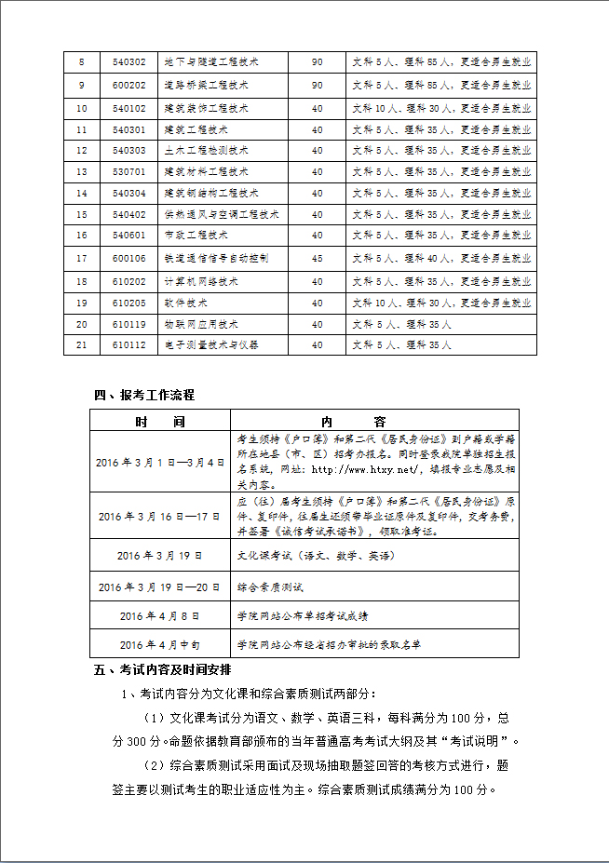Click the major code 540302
click(129, 62)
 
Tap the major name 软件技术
click(185, 303)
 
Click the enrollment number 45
click(318, 258)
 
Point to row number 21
click(82, 344)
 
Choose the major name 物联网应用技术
click(201, 324)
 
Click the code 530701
click(129, 172)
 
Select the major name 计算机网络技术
click(201, 281)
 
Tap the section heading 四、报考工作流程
click(144, 395)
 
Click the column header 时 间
click(159, 422)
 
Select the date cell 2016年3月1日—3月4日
click(160, 463)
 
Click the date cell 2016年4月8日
click(160, 616)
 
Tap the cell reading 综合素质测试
click(270, 587)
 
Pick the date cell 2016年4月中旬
click(160, 644)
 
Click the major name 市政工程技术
click(196, 236)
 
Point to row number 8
click(82, 62)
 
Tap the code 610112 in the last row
click(129, 344)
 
